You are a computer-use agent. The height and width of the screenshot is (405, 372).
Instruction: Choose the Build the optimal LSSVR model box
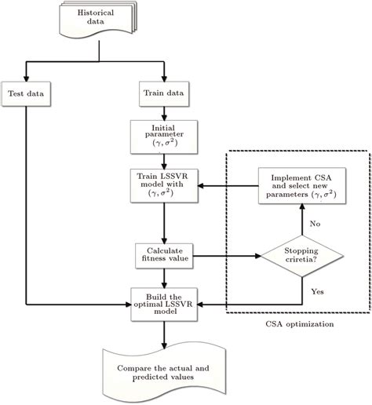[164, 301]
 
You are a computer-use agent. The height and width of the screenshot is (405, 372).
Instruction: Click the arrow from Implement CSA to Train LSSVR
[228, 186]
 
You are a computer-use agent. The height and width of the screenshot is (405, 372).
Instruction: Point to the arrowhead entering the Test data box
[27, 79]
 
